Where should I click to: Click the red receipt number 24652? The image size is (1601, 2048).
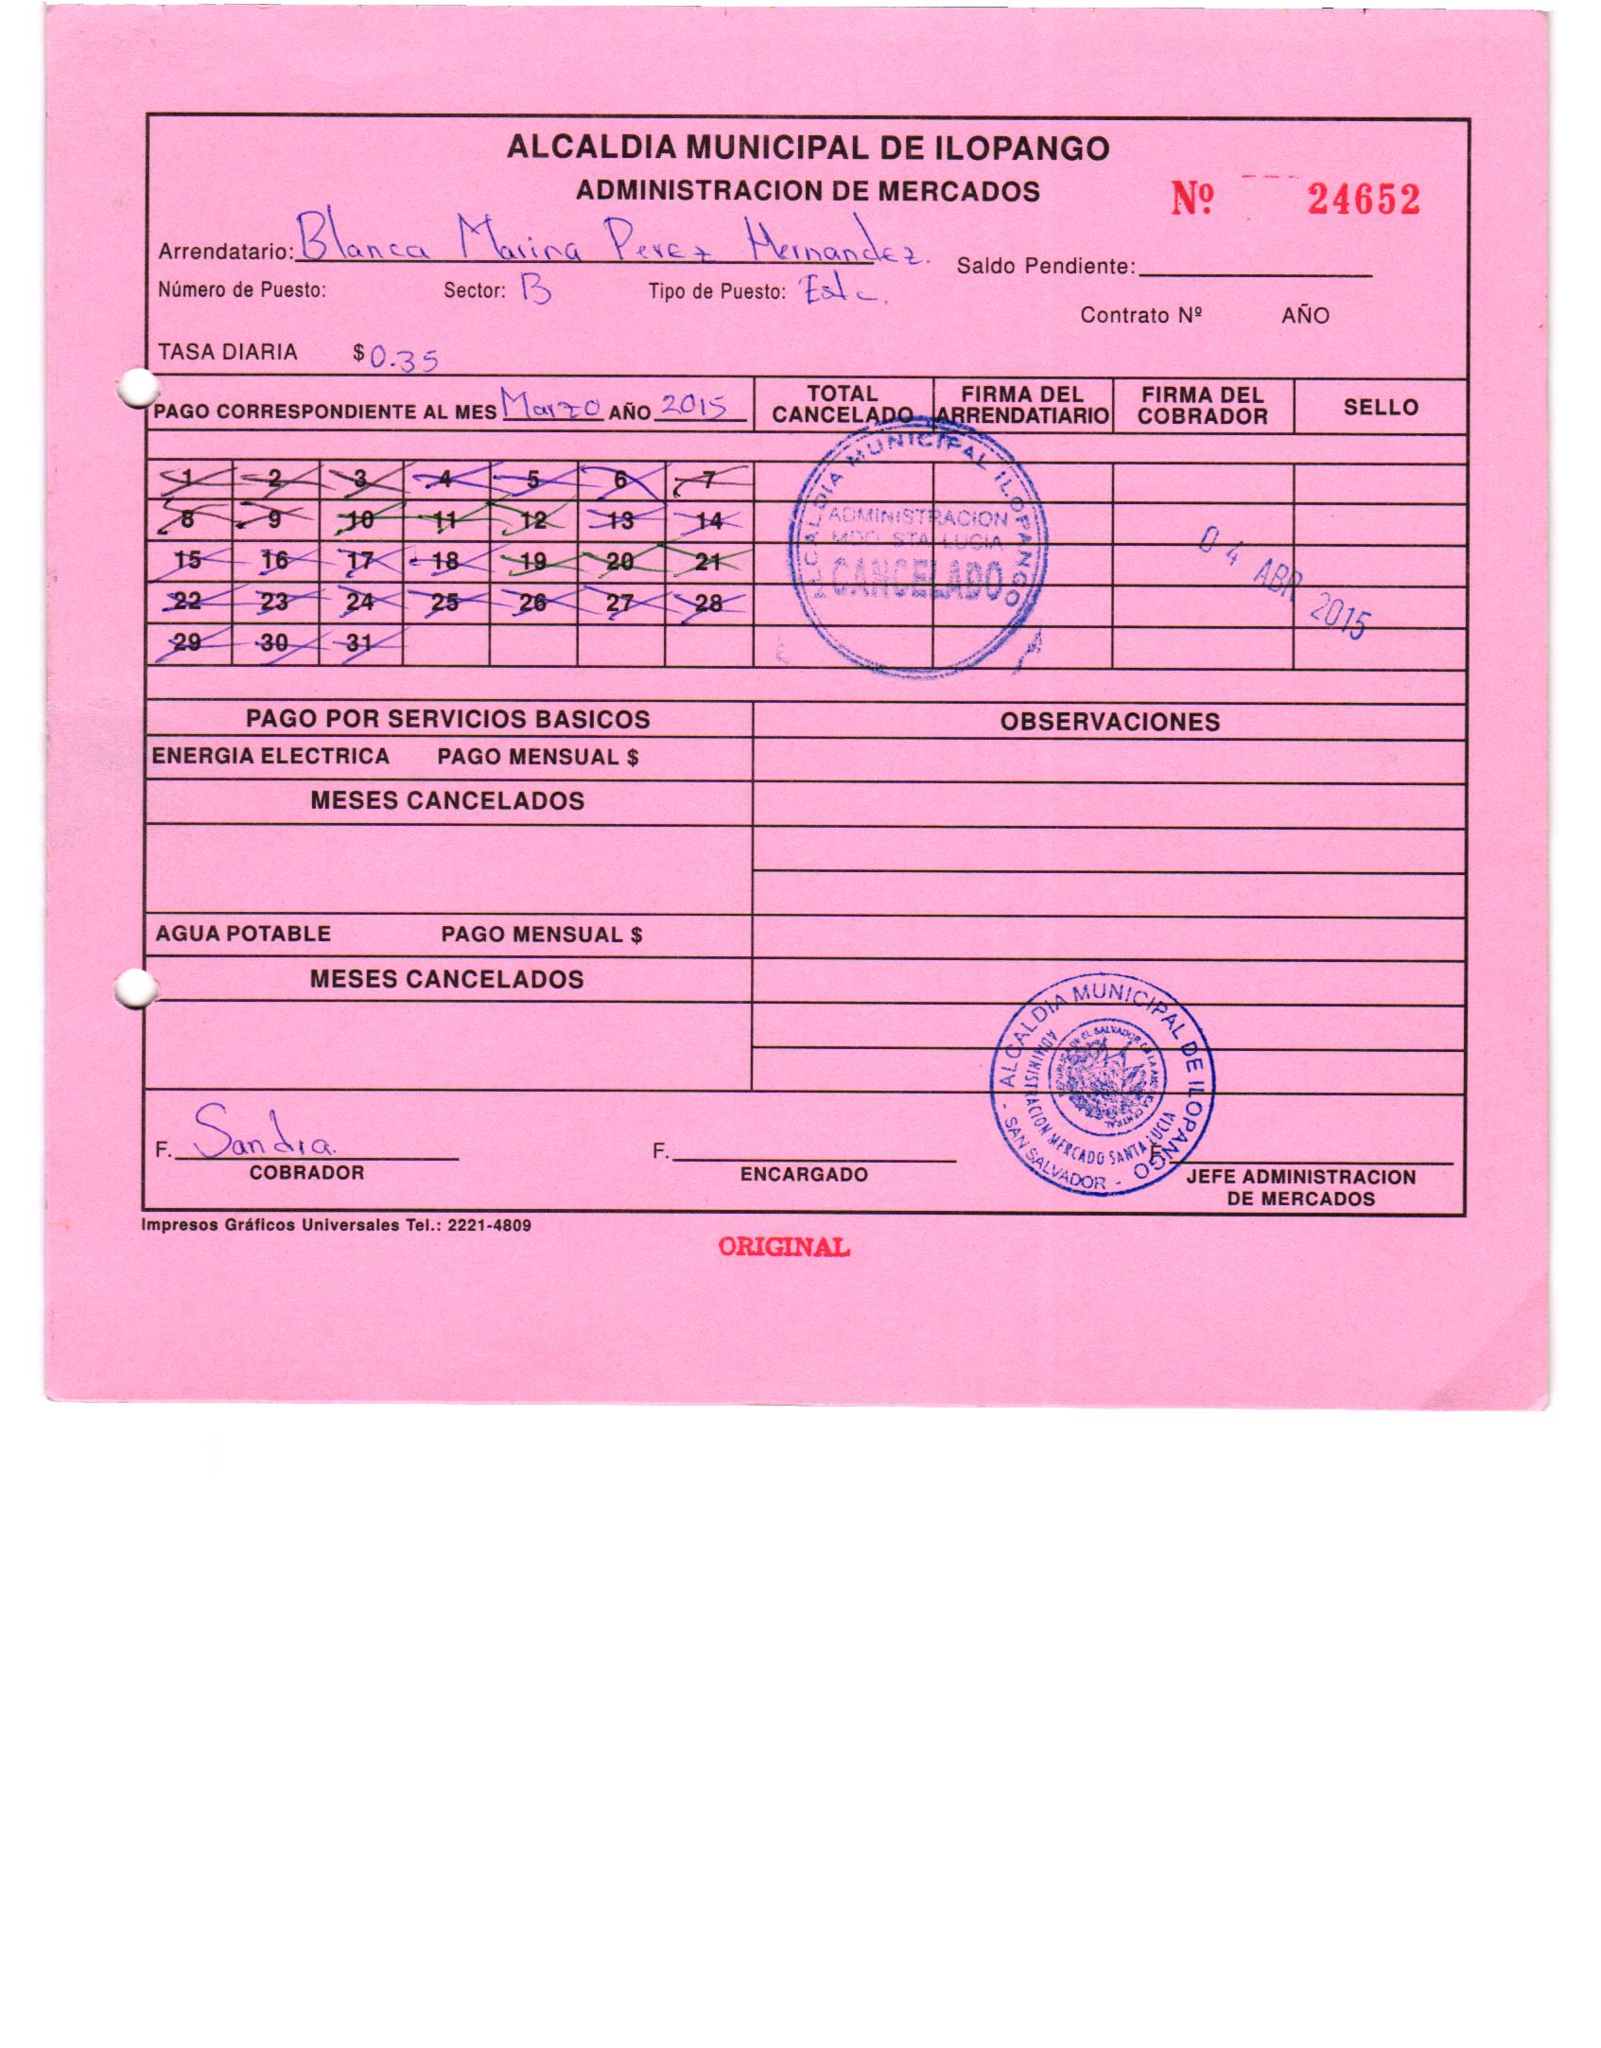point(1363,200)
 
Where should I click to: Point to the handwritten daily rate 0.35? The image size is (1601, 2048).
point(404,359)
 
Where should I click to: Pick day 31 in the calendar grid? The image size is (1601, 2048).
point(359,642)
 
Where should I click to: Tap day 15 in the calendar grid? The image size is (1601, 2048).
point(187,560)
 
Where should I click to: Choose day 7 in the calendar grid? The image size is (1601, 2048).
point(708,480)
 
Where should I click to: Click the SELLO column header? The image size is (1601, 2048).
point(1380,408)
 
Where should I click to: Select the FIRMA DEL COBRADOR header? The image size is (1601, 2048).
point(1202,406)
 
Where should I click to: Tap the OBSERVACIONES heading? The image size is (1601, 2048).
point(1109,722)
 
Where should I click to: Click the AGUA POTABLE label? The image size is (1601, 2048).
point(243,934)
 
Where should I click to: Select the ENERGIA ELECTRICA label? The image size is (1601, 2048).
point(270,756)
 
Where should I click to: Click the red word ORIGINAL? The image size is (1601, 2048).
point(784,1247)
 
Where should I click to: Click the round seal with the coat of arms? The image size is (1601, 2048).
point(1103,1086)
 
